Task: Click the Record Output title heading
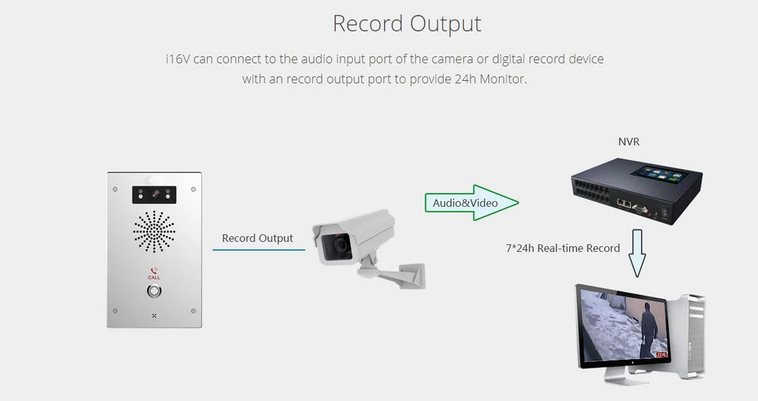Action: tap(407, 24)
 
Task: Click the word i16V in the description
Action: tap(177, 59)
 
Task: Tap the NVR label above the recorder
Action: tap(629, 142)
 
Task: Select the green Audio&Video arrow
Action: tap(471, 203)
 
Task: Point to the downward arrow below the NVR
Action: tap(637, 254)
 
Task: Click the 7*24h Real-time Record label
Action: tap(563, 248)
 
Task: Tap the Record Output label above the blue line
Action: tap(257, 238)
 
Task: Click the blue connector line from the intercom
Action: tap(258, 250)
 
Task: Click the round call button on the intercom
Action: tap(153, 291)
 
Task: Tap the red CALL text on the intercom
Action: tap(154, 278)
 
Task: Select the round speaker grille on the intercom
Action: tap(154, 231)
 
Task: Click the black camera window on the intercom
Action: tap(154, 195)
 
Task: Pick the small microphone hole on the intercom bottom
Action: tap(153, 315)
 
